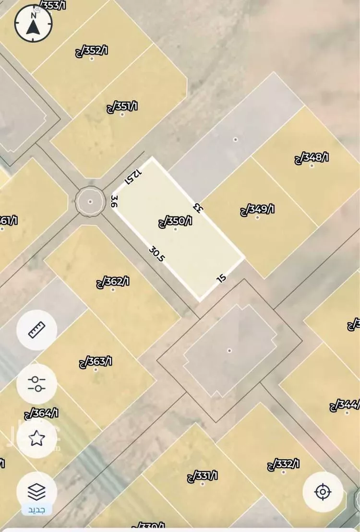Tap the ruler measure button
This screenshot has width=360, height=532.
[37, 330]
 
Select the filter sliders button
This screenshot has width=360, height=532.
[37, 384]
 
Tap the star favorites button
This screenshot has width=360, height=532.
[37, 437]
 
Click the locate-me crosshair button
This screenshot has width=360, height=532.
[323, 492]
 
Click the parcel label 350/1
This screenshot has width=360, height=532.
[175, 222]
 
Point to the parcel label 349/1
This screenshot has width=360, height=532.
[257, 210]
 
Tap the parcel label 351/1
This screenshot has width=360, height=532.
[122, 106]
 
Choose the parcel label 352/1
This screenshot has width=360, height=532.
[92, 50]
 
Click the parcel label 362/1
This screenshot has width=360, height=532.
[113, 282]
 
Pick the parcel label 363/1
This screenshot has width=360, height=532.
[96, 362]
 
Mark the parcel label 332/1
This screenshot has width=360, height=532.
[283, 464]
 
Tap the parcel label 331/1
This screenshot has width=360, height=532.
[202, 476]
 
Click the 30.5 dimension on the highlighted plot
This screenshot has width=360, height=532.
[157, 254]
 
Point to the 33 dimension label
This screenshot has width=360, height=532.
[196, 207]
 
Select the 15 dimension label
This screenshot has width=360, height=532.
[222, 278]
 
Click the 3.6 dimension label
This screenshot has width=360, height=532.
[114, 201]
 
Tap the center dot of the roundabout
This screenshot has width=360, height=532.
[90, 201]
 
